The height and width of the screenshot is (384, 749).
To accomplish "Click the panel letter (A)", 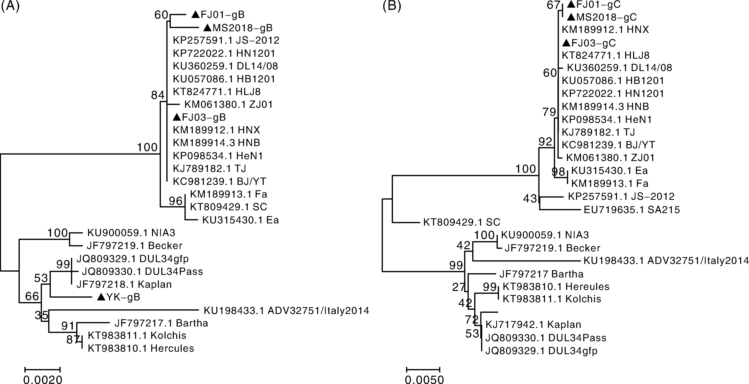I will coord(10,6).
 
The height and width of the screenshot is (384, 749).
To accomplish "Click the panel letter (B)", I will coord(392,6).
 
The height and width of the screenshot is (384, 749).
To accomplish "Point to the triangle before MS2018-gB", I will coord(207,28).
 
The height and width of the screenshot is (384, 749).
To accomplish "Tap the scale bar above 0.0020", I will coord(43,369).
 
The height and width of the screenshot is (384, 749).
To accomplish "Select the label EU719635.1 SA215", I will coord(631,210).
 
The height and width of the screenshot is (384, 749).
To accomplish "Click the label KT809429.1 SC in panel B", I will coord(461,223).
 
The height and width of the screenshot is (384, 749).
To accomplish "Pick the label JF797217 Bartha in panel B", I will coord(541,274).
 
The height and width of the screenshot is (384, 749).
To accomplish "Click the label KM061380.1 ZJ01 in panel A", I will coord(229,105).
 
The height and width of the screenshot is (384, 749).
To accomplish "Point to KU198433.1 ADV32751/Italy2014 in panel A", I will coord(286,311).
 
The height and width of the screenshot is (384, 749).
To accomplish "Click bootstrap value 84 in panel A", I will coord(158,95).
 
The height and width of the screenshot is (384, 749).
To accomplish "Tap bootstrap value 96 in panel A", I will coord(176,201).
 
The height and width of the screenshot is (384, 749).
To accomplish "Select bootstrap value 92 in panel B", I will coord(545,142).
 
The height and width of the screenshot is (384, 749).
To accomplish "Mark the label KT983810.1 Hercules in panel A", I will coord(141,348).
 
